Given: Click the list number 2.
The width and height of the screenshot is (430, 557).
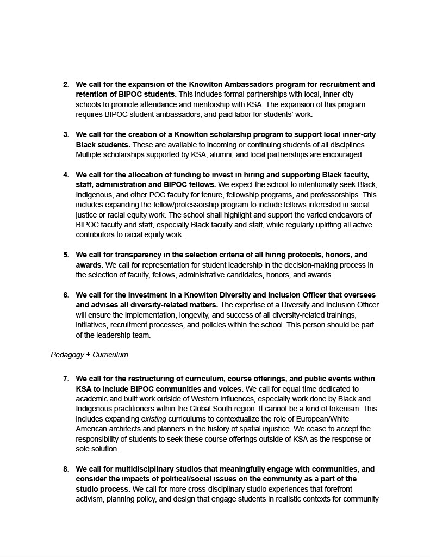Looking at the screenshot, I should click(x=66, y=85).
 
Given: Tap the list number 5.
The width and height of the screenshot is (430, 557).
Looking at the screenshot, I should click(x=66, y=255).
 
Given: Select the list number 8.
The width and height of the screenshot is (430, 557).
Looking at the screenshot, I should click(x=66, y=469).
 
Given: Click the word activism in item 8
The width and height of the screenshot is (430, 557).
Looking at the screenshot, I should click(x=89, y=499).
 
